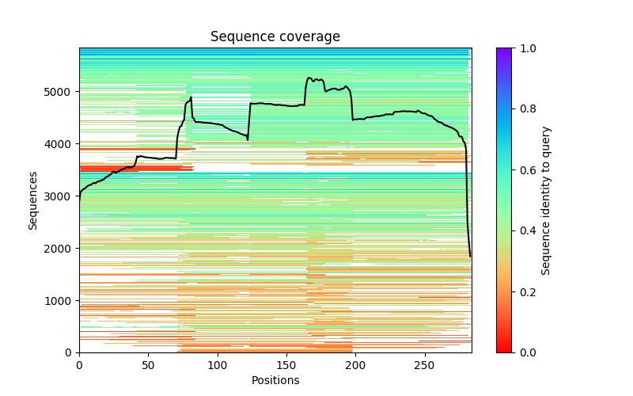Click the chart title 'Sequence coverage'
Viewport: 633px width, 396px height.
click(275, 37)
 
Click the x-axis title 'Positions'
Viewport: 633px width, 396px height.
click(275, 380)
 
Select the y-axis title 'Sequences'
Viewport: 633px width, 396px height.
click(33, 200)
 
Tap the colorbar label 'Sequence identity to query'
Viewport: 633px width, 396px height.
click(546, 200)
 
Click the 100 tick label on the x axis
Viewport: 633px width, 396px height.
click(218, 365)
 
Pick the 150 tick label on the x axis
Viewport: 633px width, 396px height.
click(286, 365)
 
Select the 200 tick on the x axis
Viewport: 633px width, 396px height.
click(355, 352)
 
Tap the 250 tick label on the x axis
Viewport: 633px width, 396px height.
click(425, 365)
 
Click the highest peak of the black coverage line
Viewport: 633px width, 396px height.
click(309, 78)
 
